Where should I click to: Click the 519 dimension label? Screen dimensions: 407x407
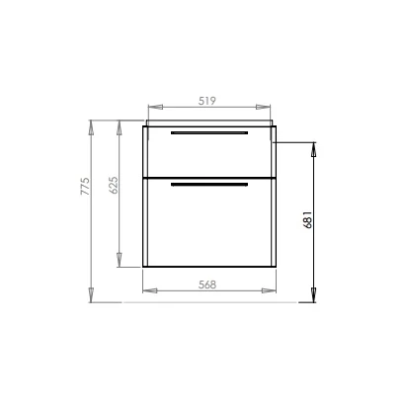[206, 101]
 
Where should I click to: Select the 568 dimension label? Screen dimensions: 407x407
[207, 285]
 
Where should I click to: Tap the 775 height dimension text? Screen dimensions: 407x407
[85, 186]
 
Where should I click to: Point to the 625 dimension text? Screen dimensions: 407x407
[113, 185]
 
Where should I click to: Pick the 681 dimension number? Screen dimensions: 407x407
[307, 219]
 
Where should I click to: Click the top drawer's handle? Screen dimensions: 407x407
[209, 132]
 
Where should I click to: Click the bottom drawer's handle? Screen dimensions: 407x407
[209, 185]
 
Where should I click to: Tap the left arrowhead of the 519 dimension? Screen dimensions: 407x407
[155, 107]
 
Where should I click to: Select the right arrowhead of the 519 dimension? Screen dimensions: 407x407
[263, 107]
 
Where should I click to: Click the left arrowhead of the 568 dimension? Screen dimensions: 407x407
[150, 290]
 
